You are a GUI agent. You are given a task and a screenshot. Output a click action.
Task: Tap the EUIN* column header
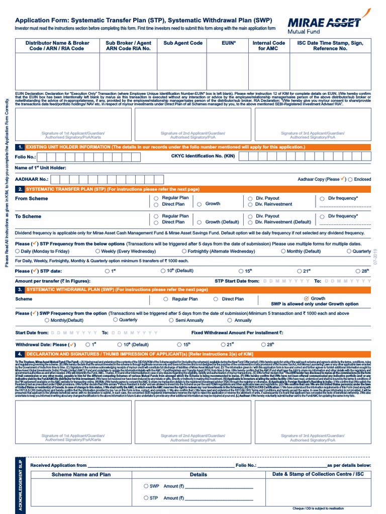(x=228, y=43)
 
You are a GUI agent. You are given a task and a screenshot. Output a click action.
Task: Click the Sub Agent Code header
(x=183, y=43)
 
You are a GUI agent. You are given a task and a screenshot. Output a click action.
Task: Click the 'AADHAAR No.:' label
(x=32, y=179)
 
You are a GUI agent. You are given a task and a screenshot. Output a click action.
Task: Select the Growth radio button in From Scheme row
(x=200, y=204)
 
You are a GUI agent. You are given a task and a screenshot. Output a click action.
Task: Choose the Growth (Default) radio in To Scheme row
(x=200, y=222)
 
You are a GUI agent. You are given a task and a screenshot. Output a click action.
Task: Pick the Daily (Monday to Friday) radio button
(x=18, y=251)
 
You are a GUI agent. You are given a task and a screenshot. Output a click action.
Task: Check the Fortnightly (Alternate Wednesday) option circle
(x=184, y=251)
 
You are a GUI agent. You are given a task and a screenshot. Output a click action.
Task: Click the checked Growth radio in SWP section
(x=307, y=299)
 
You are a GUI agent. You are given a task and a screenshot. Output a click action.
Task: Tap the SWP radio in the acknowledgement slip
(x=146, y=486)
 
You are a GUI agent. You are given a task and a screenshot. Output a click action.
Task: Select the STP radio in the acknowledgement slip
(x=146, y=498)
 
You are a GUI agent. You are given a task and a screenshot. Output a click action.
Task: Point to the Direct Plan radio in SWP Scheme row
(x=216, y=299)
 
